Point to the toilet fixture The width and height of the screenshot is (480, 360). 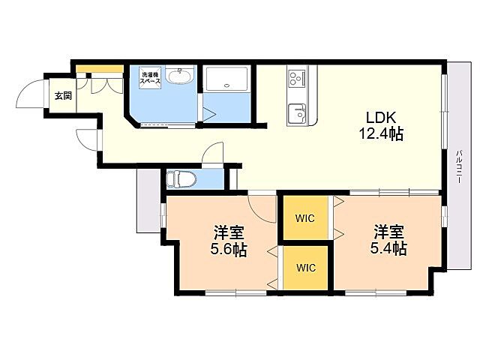pos(181,178)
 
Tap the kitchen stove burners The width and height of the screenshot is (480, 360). pos(295,78)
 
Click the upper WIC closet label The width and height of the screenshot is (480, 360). pos(304,219)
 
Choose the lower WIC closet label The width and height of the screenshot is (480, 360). pos(304,267)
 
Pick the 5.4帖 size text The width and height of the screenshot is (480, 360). pos(388,248)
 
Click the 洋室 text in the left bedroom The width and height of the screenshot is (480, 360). pos(227,231)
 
